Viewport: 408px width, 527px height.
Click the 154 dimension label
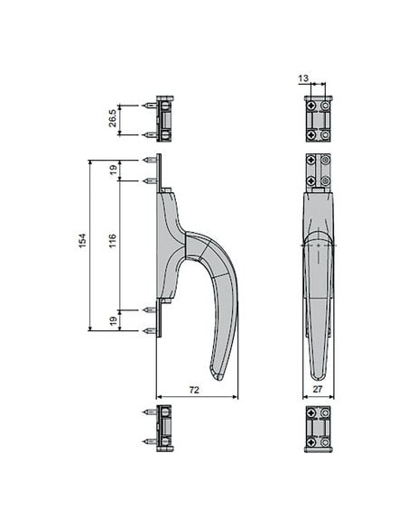tap(82, 241)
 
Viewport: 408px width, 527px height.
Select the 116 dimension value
tap(113, 241)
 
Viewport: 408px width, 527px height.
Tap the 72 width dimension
tap(194, 390)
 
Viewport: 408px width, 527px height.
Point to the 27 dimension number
tap(317, 389)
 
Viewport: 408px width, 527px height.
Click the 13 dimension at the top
tap(303, 78)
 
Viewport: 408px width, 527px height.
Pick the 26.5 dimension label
tap(113, 118)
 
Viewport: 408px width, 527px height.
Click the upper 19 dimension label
tap(114, 170)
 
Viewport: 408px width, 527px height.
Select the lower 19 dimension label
tap(114, 320)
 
